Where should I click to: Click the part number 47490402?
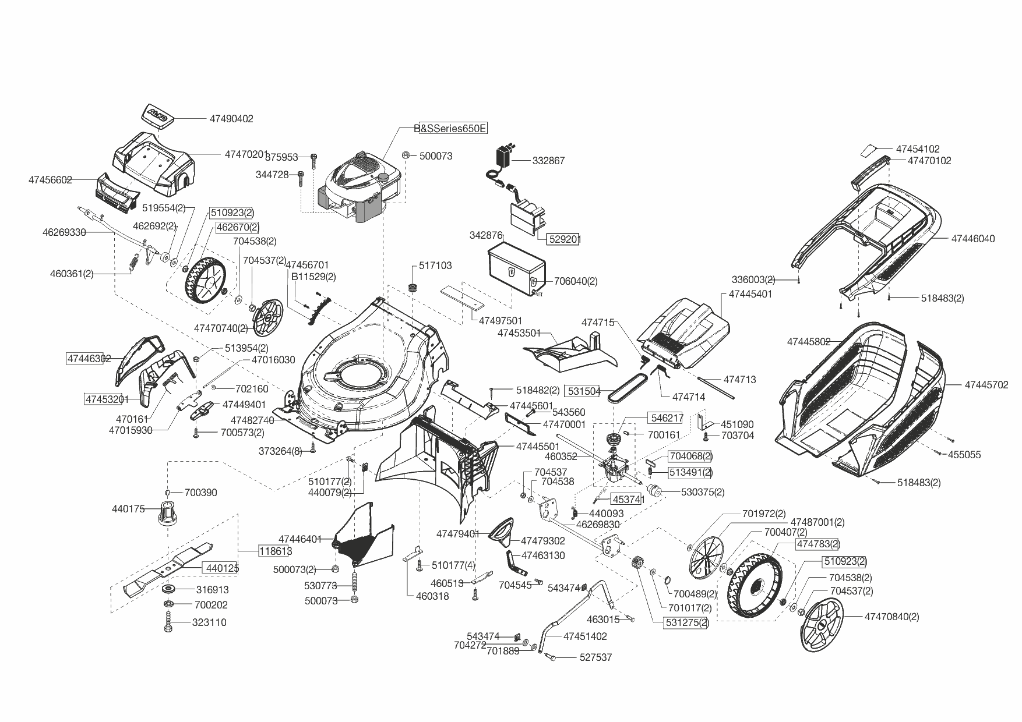pos(231,119)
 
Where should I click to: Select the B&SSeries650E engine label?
pos(450,129)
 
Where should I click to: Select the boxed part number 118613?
pos(276,551)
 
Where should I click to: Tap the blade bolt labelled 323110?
pos(169,622)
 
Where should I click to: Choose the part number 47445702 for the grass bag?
pos(986,385)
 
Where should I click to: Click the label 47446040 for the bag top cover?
pos(973,239)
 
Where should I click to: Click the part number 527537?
pos(595,657)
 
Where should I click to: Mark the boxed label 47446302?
pos(89,359)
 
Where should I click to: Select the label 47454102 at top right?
pos(918,149)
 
